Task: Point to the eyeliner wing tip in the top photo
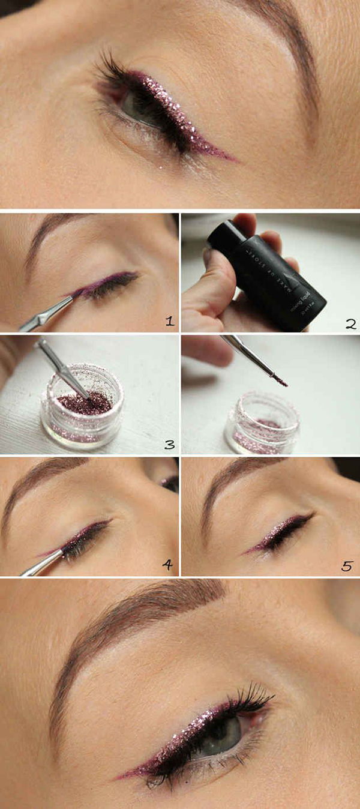tap(234, 160)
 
